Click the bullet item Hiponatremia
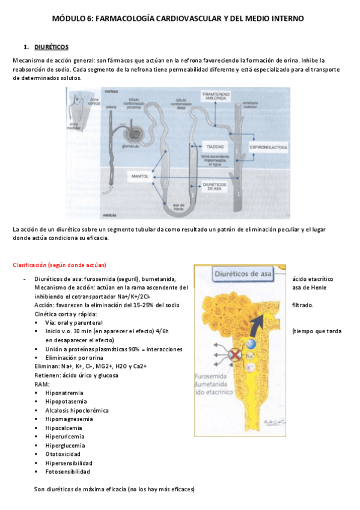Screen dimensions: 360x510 [64, 393]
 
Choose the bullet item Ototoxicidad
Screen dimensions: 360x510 [62, 454]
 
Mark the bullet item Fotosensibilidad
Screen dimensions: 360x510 [67, 472]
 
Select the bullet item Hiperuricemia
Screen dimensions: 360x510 [64, 437]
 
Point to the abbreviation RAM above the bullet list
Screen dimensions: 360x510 [41, 384]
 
